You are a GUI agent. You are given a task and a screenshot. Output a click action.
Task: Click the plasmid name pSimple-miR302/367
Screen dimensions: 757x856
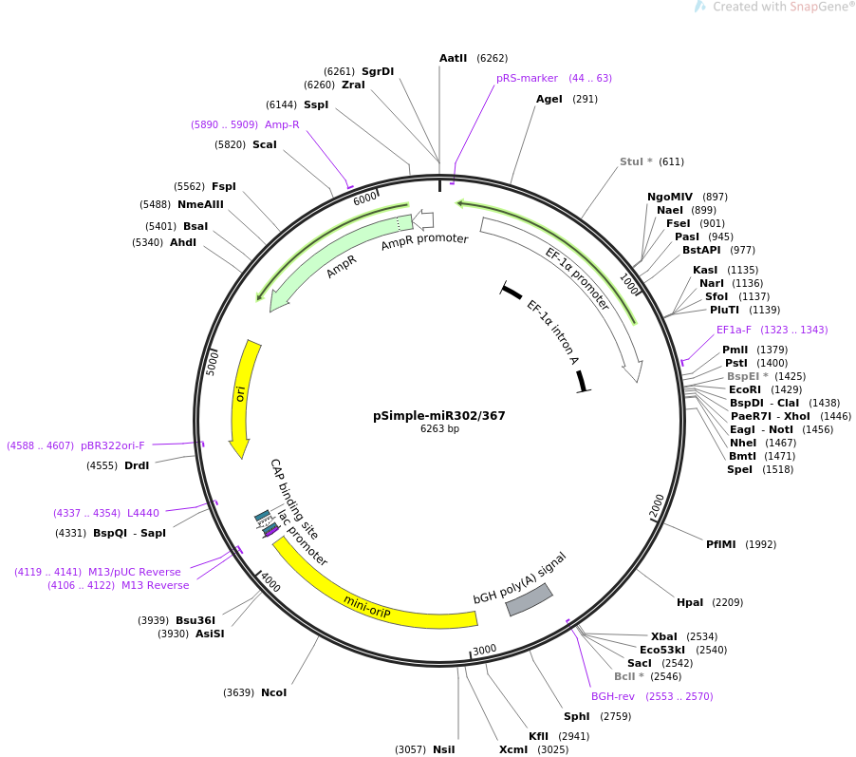(439, 415)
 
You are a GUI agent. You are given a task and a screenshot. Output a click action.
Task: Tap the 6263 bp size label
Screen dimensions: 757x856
(439, 428)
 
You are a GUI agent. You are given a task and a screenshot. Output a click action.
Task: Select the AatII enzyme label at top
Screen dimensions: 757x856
(454, 58)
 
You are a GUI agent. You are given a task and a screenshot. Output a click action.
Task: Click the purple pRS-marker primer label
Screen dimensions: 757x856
(527, 78)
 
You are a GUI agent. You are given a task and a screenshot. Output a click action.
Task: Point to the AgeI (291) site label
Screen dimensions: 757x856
(549, 99)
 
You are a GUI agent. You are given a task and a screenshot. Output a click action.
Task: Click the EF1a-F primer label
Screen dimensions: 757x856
(734, 330)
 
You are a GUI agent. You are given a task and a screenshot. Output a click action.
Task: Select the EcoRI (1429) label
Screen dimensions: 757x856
(745, 389)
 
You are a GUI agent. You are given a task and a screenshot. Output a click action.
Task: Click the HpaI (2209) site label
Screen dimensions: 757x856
(690, 602)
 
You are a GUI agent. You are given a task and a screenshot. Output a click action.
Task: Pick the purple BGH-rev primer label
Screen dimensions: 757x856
(613, 696)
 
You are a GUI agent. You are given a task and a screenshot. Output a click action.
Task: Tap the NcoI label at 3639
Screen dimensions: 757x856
(273, 692)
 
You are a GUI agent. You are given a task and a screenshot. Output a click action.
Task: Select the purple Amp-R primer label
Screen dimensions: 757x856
(282, 124)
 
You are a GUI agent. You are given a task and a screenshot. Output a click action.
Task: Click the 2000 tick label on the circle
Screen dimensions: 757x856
(658, 506)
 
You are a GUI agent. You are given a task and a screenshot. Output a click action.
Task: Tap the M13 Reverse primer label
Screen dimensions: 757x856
(155, 585)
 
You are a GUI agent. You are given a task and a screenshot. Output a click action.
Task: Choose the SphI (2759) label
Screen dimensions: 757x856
(576, 716)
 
